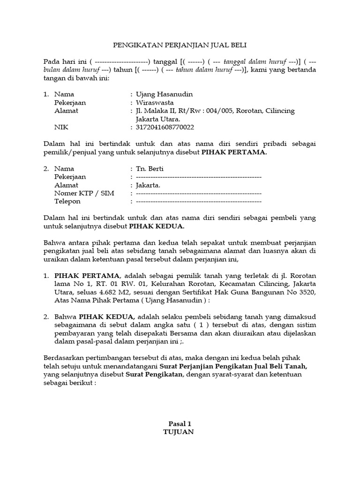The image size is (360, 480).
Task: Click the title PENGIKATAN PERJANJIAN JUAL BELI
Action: point(180,45)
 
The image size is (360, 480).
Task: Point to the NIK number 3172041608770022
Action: point(165,127)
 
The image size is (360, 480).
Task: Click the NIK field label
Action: point(61,127)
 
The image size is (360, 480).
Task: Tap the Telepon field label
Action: point(67,201)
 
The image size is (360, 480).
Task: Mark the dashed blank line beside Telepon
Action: point(198,202)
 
